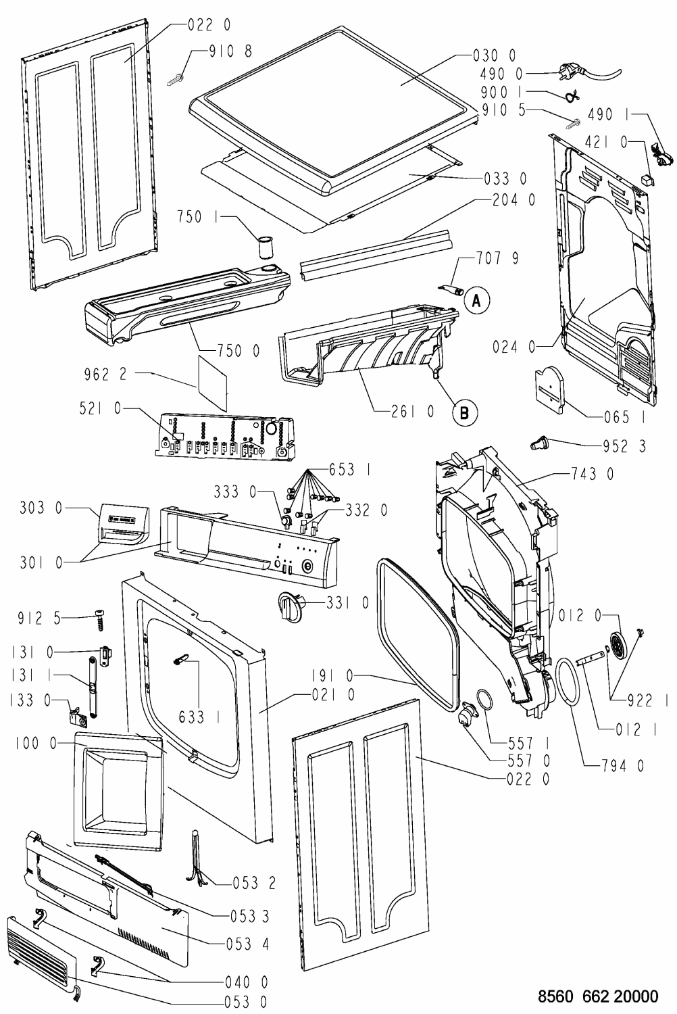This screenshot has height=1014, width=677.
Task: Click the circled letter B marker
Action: click(464, 411)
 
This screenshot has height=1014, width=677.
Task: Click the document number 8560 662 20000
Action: click(598, 996)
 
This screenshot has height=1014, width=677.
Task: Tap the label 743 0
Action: click(593, 475)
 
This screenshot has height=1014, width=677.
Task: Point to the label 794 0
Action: click(622, 765)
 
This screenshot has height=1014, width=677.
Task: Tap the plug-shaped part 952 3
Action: click(539, 443)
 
